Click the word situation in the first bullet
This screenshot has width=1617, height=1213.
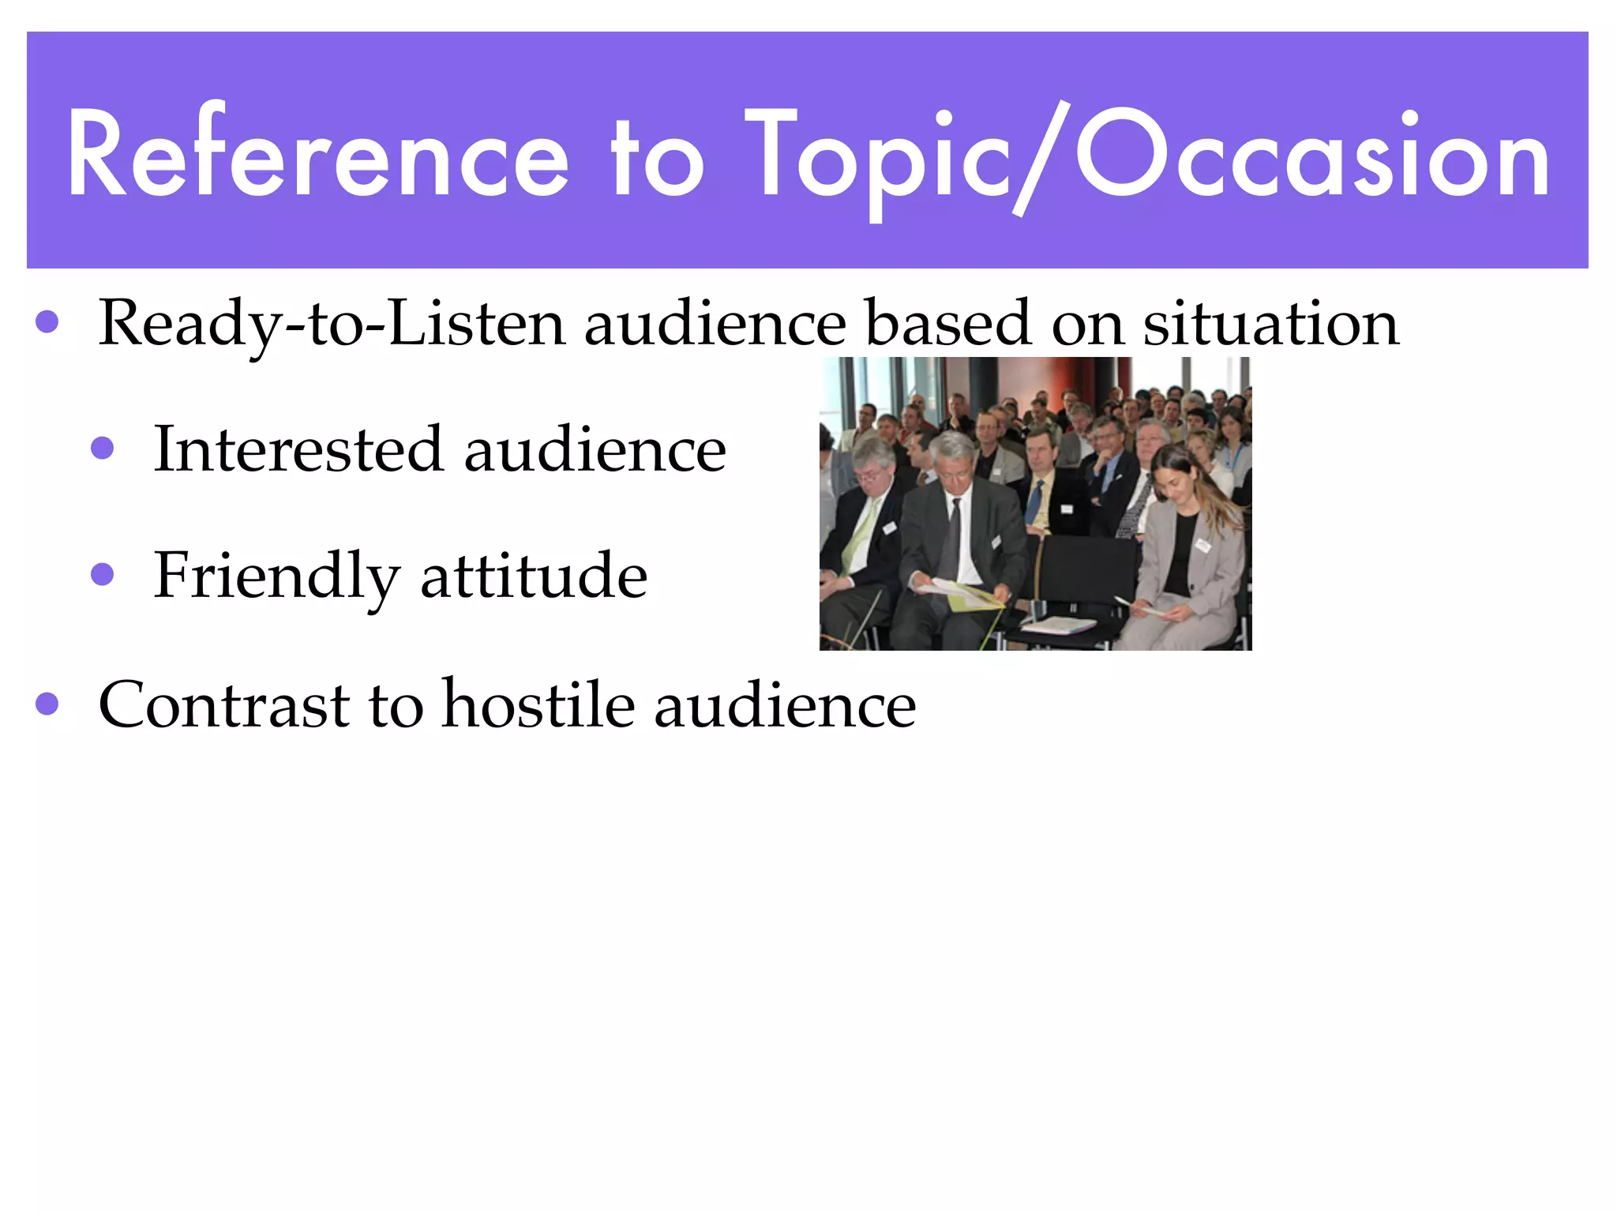[x=1271, y=324]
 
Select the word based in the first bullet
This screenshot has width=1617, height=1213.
[x=947, y=324]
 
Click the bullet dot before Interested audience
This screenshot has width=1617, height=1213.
[x=103, y=449]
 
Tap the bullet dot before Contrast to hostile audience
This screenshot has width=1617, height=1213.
[x=47, y=703]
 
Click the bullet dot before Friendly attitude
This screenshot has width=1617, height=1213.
[x=103, y=574]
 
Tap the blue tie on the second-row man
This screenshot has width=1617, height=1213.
[x=1035, y=501]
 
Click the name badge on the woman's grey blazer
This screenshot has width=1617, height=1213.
[x=1202, y=544]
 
